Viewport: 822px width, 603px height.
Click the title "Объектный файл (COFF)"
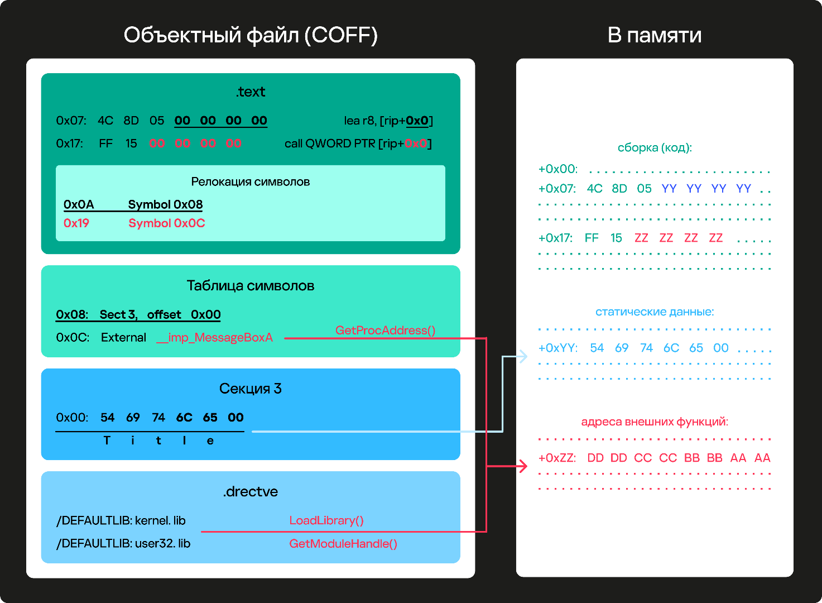point(251,36)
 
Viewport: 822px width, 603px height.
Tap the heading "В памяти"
point(654,35)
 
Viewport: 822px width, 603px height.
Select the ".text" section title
point(251,92)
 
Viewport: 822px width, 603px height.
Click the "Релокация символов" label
point(251,181)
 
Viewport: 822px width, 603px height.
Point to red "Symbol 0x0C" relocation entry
point(167,223)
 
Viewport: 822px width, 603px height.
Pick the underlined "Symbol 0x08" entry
point(165,204)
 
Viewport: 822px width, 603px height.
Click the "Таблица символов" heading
point(251,285)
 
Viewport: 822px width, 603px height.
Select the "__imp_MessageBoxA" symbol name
point(215,337)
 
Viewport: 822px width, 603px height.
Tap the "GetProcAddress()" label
point(385,330)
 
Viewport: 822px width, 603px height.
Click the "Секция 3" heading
point(251,388)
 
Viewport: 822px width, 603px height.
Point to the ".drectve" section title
point(251,491)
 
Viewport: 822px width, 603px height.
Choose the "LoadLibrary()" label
point(326,520)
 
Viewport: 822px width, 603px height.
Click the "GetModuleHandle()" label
point(343,543)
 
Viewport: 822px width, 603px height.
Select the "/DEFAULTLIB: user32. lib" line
point(123,543)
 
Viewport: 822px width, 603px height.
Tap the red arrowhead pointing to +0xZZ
point(523,466)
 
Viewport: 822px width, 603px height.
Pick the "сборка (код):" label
point(655,147)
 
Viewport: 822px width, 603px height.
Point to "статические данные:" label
point(655,312)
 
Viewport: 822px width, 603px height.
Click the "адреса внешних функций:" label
point(655,422)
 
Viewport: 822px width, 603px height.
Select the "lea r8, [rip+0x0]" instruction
point(388,121)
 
